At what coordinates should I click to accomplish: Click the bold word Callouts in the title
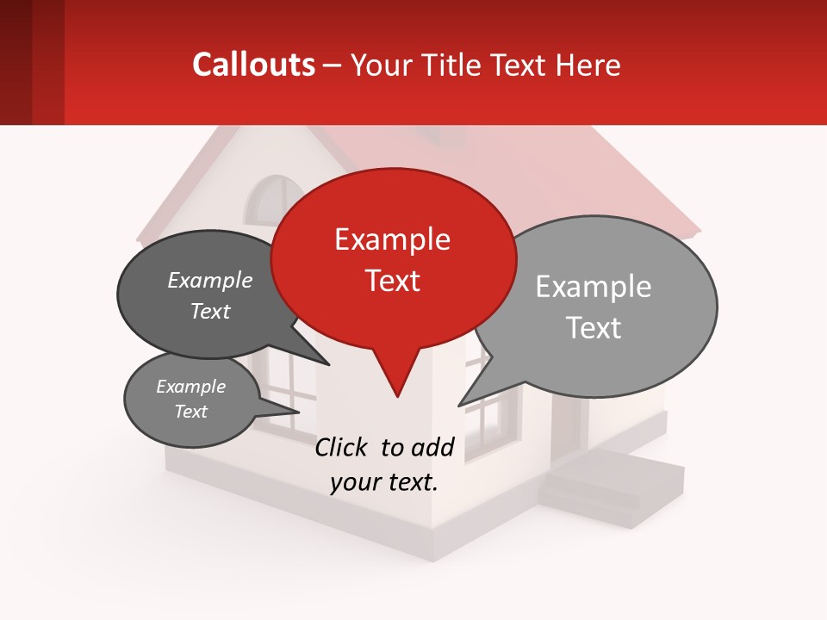(253, 65)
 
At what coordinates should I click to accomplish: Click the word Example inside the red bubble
(392, 239)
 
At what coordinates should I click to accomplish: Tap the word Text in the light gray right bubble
(594, 328)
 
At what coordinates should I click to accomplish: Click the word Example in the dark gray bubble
(209, 281)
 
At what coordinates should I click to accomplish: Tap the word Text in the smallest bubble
(190, 412)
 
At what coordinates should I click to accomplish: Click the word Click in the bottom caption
(340, 447)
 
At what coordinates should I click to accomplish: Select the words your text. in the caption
(383, 482)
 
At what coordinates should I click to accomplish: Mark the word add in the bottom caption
(433, 447)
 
